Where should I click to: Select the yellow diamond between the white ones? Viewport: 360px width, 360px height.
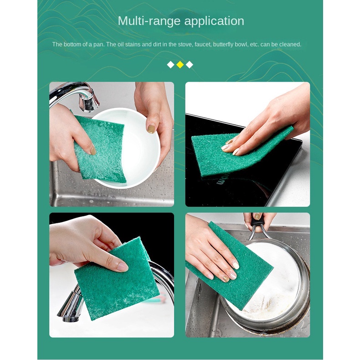click(180, 65)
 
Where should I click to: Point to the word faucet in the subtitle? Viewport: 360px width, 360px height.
click(202, 45)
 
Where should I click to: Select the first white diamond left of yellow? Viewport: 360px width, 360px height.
click(170, 65)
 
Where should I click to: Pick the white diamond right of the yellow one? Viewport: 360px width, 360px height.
click(190, 65)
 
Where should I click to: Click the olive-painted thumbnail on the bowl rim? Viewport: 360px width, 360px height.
click(151, 129)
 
